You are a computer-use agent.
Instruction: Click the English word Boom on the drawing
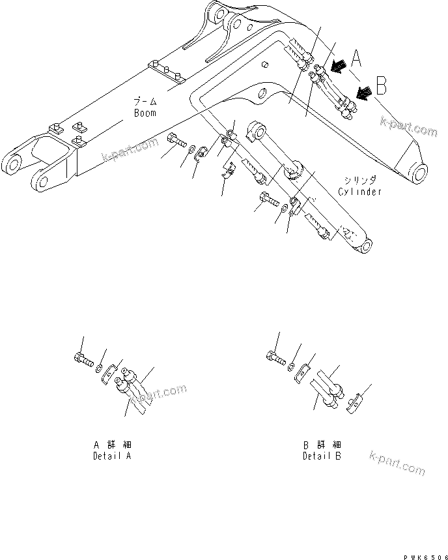pos(145,113)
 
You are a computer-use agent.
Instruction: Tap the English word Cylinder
pos(359,192)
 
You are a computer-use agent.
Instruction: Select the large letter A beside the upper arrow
pos(356,59)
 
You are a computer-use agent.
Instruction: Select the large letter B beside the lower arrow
pos(382,85)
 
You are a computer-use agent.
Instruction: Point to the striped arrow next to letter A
pos(337,65)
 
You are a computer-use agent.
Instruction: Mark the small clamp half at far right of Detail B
pos(351,404)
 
